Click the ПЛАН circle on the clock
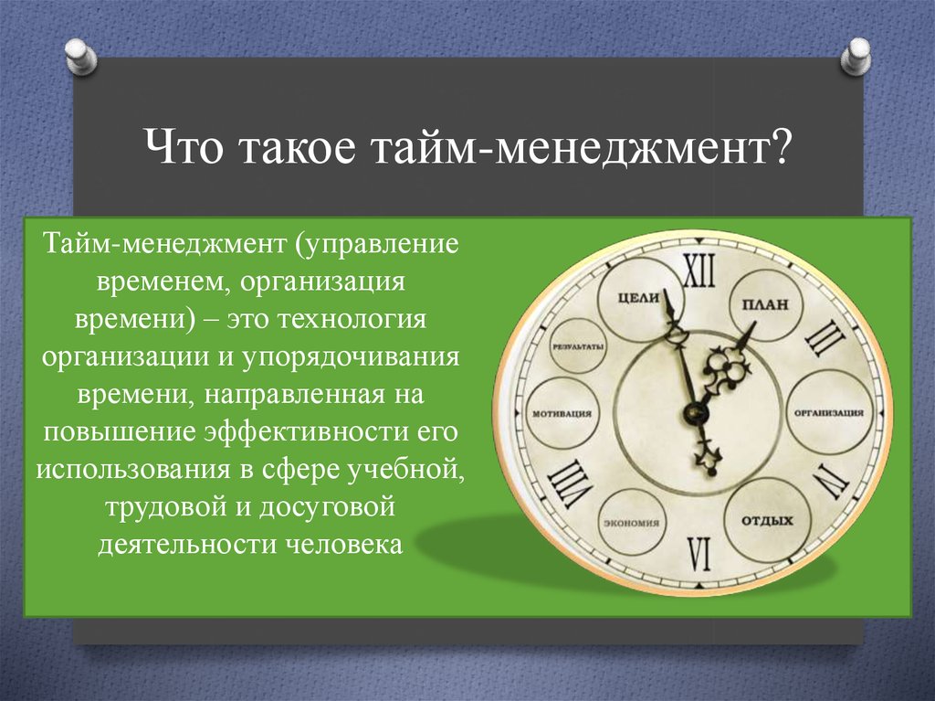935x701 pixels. click(766, 304)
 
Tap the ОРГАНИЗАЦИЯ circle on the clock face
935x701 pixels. click(828, 412)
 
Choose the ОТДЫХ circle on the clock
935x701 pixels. click(767, 520)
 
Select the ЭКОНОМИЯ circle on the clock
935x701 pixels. click(631, 523)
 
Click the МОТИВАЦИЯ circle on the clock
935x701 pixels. click(562, 413)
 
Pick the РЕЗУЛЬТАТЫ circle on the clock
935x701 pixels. click(578, 347)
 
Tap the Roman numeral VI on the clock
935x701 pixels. click(699, 554)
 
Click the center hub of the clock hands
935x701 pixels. click(694, 411)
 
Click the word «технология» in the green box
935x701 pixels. click(351, 320)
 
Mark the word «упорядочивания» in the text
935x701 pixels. click(351, 357)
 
